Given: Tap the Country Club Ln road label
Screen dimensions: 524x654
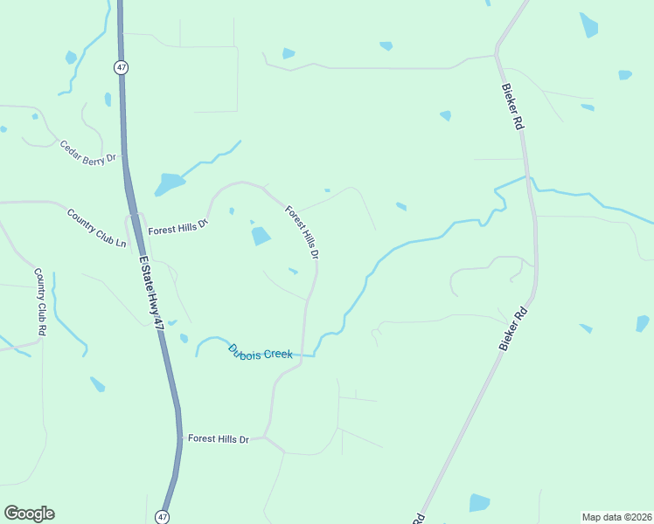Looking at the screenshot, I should pos(97,227).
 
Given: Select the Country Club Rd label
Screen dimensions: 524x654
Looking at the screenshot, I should pos(40,302).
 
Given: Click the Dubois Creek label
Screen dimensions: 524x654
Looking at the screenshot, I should pos(260,352).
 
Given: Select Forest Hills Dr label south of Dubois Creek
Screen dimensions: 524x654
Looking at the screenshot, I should pos(219,439).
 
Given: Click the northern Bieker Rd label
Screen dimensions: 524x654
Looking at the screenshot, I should pos(512,107).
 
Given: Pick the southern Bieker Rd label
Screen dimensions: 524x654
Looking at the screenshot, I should pos(515,329).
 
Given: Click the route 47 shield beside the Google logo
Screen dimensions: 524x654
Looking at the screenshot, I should pos(163,516).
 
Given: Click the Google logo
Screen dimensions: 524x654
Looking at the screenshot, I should pos(29,514).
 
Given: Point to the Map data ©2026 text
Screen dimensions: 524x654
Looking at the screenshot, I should pos(616,517).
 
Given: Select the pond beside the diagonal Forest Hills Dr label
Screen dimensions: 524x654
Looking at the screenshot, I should pos(261,236).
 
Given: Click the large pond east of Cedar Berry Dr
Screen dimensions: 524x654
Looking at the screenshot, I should pos(169,184).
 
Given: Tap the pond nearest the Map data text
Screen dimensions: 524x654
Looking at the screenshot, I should pos(478,502).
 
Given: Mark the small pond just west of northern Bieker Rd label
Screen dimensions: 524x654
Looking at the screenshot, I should pos(446,115).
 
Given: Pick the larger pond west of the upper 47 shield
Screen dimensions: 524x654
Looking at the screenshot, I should pos(71,58).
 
